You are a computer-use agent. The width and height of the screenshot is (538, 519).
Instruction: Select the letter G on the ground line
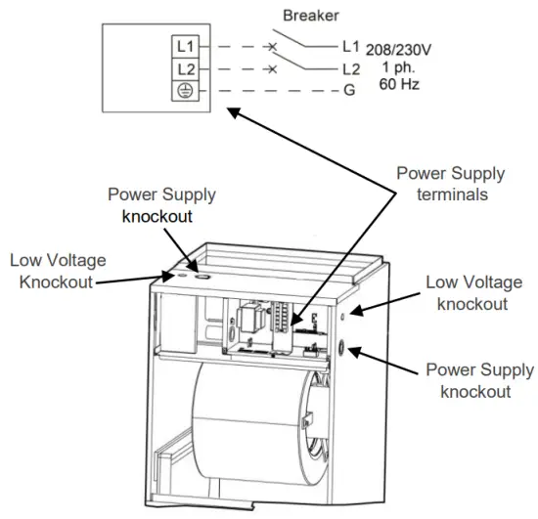pyautogui.click(x=349, y=92)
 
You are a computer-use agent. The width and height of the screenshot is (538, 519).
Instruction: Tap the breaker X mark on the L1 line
pyautogui.click(x=273, y=47)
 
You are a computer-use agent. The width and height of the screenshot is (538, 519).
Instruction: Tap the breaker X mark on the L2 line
pyautogui.click(x=273, y=69)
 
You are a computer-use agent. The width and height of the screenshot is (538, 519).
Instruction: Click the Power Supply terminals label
pyautogui.click(x=450, y=183)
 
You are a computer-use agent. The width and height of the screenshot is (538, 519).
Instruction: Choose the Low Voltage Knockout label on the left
pyautogui.click(x=58, y=270)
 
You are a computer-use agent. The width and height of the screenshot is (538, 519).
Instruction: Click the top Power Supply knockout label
pyautogui.click(x=161, y=204)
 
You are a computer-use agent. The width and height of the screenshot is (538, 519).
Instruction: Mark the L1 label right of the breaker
pyautogui.click(x=350, y=45)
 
